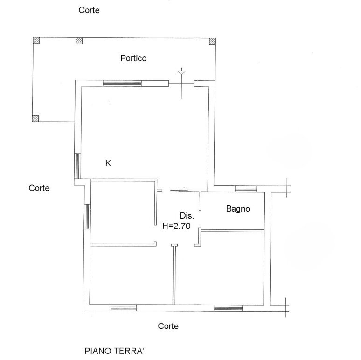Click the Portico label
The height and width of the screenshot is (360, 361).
(133, 58)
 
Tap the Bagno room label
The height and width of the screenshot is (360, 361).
(238, 209)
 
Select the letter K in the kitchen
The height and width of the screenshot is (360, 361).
(108, 163)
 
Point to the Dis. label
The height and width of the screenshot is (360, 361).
(187, 216)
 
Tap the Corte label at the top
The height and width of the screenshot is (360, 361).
(89, 10)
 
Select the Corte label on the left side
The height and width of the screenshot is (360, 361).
(39, 188)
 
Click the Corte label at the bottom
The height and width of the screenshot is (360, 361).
(168, 326)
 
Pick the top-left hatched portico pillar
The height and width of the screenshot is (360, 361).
(36, 41)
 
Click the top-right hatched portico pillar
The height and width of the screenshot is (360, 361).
(213, 41)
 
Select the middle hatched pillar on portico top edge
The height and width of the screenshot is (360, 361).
(79, 41)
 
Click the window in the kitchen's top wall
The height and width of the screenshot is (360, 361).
(122, 83)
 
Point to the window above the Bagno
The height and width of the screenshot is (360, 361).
(245, 189)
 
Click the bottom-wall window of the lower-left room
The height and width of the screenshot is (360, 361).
(124, 308)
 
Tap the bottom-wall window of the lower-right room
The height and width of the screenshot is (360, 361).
(228, 308)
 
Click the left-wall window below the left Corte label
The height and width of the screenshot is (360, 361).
(87, 216)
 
